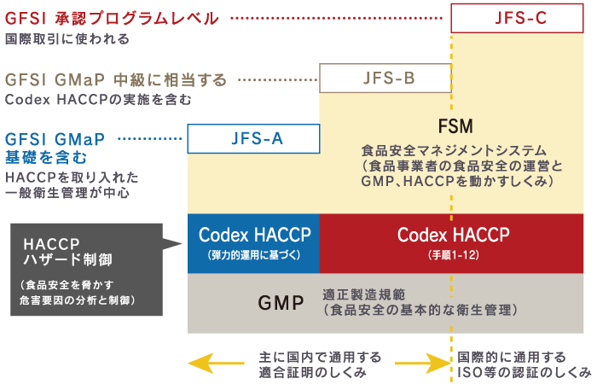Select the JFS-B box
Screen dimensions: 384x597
(385, 79)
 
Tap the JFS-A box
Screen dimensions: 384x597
(253, 138)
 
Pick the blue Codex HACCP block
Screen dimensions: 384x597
(253, 241)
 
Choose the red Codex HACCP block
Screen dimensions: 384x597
(453, 241)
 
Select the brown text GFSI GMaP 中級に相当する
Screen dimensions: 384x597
(116, 79)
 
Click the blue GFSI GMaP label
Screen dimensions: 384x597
(55, 139)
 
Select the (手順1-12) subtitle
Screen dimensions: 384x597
(453, 255)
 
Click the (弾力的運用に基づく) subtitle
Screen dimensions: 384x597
(253, 255)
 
